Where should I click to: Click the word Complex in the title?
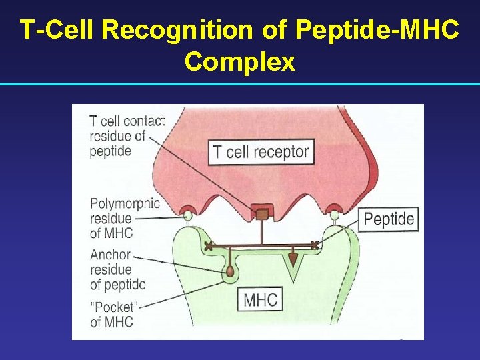[x=240, y=61]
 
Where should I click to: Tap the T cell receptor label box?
[x=261, y=152]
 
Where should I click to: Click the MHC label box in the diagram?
[x=260, y=299]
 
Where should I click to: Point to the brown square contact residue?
[x=263, y=214]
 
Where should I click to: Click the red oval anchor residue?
[x=231, y=271]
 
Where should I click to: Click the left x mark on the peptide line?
[x=209, y=246]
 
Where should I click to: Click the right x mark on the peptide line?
[x=315, y=245]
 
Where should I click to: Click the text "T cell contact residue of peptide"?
[x=127, y=136]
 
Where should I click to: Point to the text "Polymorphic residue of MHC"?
[x=125, y=218]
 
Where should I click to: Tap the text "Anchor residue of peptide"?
[x=117, y=270]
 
